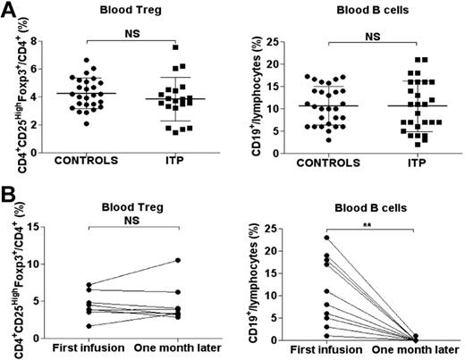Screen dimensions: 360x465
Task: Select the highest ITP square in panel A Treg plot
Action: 177,47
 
